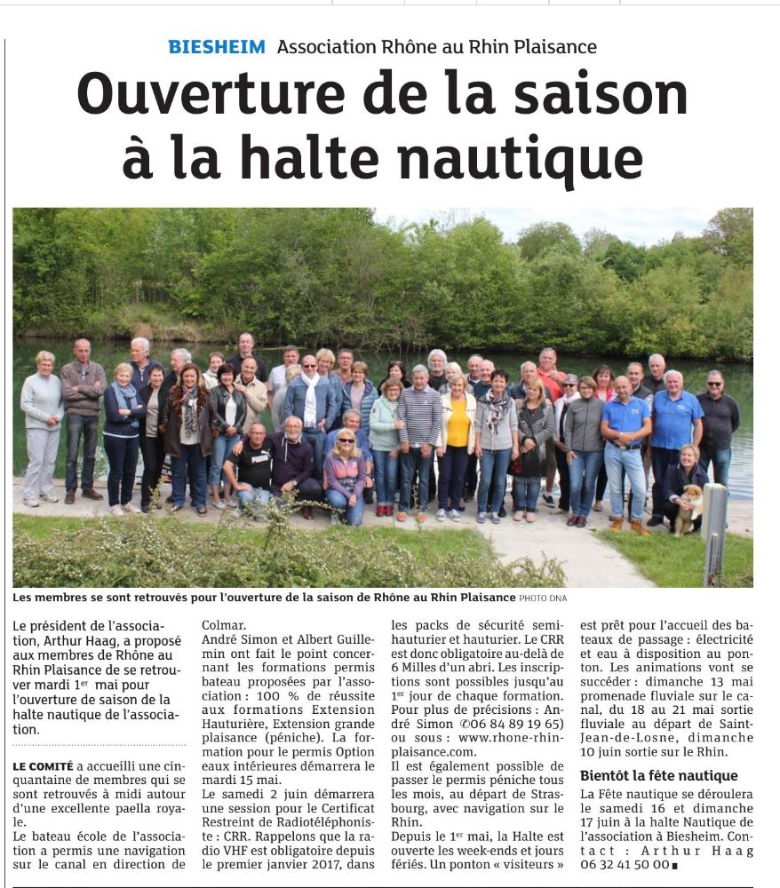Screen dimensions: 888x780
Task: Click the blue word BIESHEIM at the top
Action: [x=217, y=47]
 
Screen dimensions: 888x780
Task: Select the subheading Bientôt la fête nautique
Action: [x=658, y=775]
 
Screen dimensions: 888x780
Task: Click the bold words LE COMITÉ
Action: [x=44, y=765]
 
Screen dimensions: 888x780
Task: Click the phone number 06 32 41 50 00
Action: [x=625, y=864]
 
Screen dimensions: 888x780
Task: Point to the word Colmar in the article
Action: [x=224, y=624]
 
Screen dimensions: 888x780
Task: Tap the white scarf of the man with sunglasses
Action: [x=310, y=400]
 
